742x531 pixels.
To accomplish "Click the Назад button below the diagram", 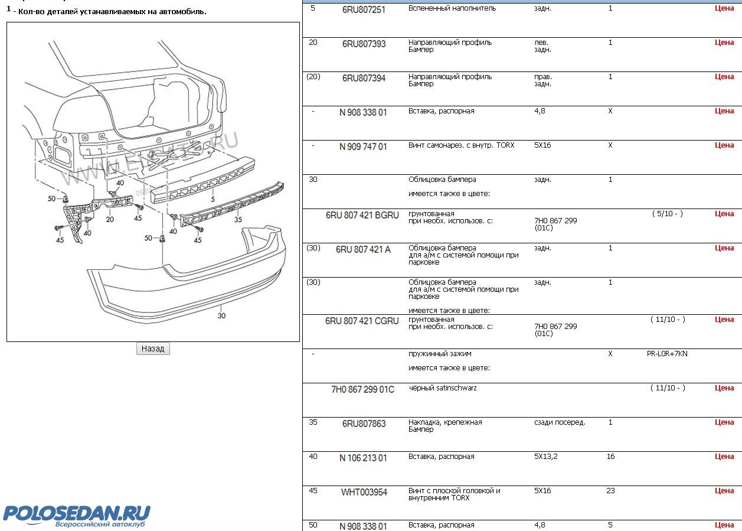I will point(153,348).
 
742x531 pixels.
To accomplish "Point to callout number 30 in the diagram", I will point(221,315).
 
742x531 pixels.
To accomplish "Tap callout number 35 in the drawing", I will point(238,219).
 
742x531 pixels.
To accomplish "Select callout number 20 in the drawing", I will point(110,219).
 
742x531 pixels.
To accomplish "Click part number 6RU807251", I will point(364,10).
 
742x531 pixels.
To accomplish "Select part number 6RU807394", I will point(364,79).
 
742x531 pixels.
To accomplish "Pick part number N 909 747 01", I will point(363,147).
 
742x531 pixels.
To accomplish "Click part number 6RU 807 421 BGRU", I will point(362,216).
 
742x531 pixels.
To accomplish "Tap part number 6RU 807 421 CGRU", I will point(362,321).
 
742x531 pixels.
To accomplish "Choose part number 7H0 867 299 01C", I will point(362,390).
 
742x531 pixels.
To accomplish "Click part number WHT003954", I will point(364,493).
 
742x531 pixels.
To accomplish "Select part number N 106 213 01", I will point(363,458).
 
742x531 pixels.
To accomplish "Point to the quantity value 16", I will point(610,457).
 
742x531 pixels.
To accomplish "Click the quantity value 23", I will point(610,491).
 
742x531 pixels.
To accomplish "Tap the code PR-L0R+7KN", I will point(667,354).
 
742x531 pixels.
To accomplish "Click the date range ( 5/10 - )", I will point(667,214).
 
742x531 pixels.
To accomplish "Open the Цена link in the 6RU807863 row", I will point(724,422).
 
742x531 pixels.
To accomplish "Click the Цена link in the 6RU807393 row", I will point(724,43).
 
